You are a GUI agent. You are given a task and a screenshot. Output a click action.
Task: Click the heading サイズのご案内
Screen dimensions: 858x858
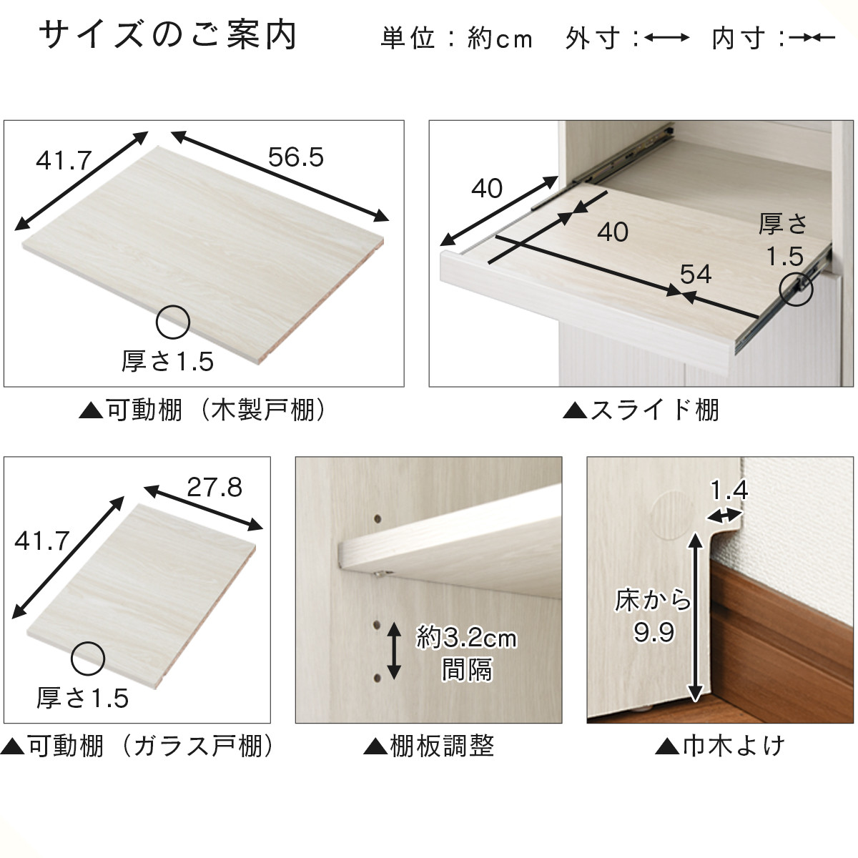(x=167, y=36)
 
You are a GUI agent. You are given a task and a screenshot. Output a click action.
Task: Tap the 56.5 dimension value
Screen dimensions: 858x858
(x=295, y=157)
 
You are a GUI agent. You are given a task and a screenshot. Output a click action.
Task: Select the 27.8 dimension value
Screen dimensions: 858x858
(x=214, y=488)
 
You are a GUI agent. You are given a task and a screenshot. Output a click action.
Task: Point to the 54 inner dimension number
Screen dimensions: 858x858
(x=695, y=274)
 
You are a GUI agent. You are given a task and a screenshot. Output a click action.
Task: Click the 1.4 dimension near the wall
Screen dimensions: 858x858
(x=729, y=490)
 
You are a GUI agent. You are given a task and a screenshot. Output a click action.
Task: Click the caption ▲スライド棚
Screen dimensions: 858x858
(x=641, y=410)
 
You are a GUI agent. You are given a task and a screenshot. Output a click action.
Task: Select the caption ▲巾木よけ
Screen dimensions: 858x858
(x=720, y=746)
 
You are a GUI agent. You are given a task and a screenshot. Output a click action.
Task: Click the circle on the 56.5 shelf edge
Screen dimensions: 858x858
(x=173, y=322)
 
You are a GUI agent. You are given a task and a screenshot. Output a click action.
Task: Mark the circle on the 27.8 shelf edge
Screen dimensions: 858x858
(x=88, y=659)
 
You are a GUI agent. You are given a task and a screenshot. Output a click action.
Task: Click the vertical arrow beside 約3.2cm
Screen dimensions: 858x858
(x=394, y=651)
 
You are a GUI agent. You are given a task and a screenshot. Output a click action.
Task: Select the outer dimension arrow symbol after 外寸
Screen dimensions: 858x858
(x=666, y=38)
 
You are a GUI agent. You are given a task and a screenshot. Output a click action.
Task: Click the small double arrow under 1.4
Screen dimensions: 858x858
(x=724, y=515)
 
